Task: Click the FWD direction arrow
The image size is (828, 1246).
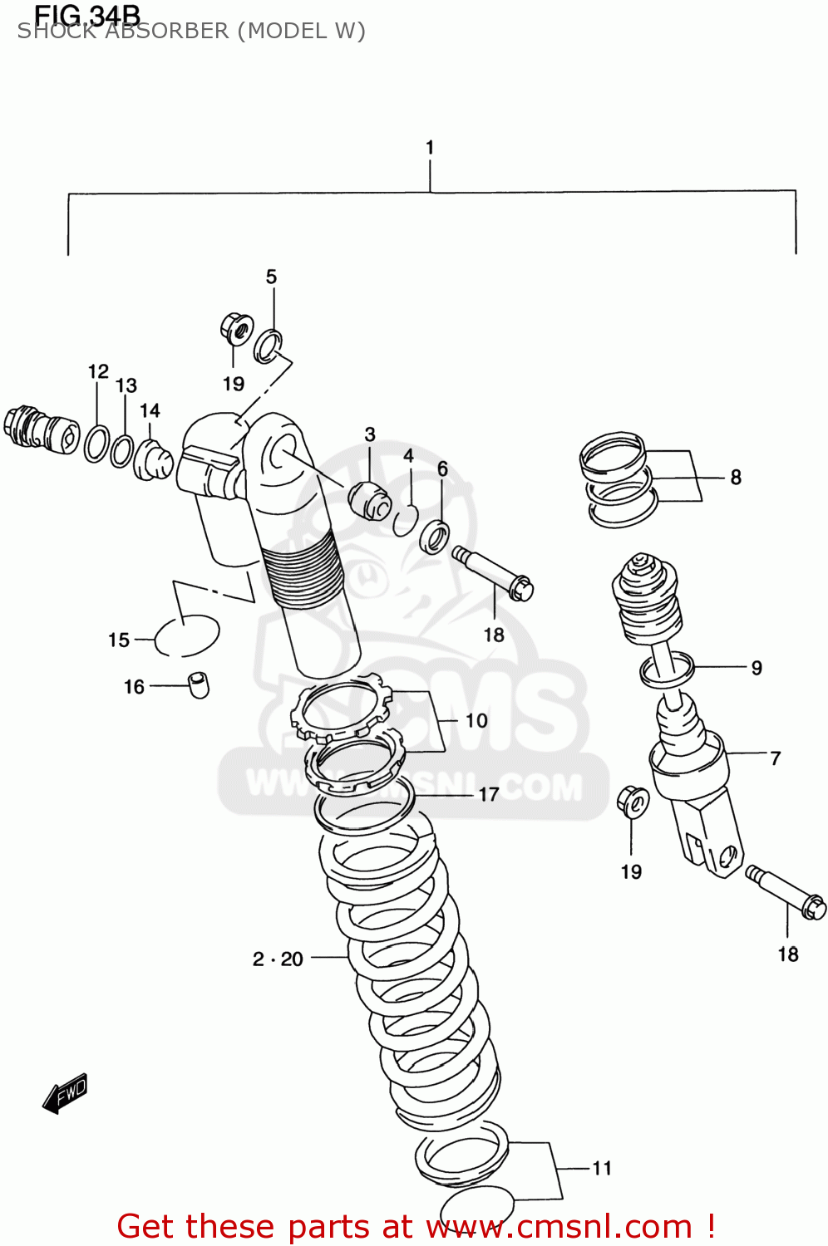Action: pyautogui.click(x=65, y=1093)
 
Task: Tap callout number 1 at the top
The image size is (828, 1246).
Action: pyautogui.click(x=430, y=148)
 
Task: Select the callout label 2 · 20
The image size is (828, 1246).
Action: pyautogui.click(x=278, y=959)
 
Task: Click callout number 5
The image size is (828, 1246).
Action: pyautogui.click(x=271, y=277)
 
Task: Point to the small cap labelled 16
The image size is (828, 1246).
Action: pyautogui.click(x=199, y=684)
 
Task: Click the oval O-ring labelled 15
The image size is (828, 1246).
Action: pyautogui.click(x=188, y=635)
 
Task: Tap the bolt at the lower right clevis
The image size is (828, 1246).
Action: pyautogui.click(x=786, y=892)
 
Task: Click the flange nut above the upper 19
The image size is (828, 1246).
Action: pyautogui.click(x=237, y=328)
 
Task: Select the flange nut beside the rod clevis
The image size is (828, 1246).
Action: pyautogui.click(x=633, y=801)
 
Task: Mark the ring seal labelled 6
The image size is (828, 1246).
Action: pyautogui.click(x=434, y=537)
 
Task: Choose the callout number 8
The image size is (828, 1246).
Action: pyautogui.click(x=736, y=478)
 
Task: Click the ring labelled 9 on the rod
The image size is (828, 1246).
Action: pyautogui.click(x=667, y=669)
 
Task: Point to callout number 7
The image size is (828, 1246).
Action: pyautogui.click(x=775, y=758)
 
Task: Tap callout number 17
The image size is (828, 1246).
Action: pyautogui.click(x=488, y=795)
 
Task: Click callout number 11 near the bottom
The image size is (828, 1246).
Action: pyautogui.click(x=602, y=1168)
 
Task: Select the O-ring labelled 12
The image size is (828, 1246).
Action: pyautogui.click(x=96, y=443)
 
